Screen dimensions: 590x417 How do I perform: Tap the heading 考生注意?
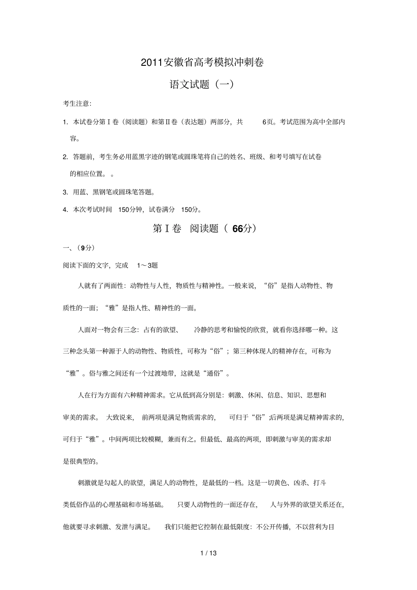click(x=77, y=104)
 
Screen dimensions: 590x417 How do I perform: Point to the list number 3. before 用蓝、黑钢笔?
click(x=65, y=192)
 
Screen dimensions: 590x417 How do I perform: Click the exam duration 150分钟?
click(x=131, y=210)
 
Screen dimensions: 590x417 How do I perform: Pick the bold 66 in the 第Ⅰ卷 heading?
click(x=237, y=229)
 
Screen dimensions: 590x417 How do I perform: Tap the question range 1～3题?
click(x=147, y=265)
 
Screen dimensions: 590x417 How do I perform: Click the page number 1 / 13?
click(x=208, y=553)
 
